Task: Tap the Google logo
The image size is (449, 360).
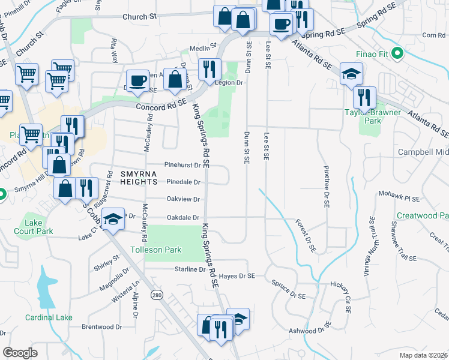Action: click(x=20, y=353)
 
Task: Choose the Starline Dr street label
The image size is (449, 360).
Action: click(x=190, y=270)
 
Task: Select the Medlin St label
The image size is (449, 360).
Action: click(x=202, y=47)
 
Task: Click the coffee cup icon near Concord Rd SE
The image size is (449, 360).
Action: click(x=138, y=80)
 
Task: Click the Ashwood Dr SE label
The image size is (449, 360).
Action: click(x=310, y=328)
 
